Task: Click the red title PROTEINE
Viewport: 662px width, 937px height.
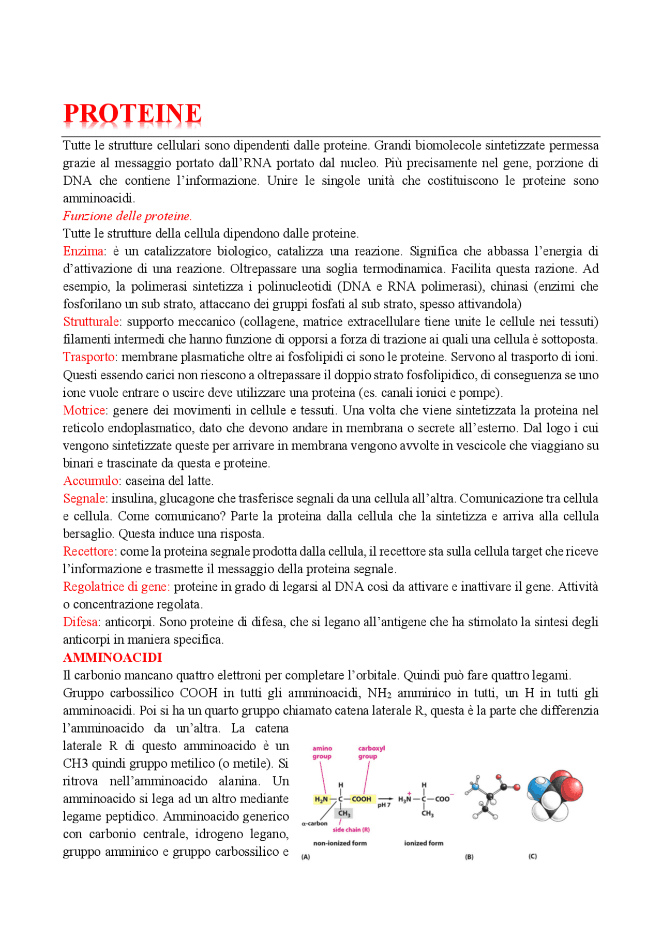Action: click(132, 113)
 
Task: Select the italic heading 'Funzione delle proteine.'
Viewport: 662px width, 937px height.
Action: click(127, 216)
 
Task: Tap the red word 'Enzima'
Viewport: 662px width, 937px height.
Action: click(83, 251)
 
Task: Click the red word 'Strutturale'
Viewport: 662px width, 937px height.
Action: click(91, 322)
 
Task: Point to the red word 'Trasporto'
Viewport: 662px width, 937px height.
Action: click(89, 357)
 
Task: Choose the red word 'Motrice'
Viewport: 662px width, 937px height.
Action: click(84, 410)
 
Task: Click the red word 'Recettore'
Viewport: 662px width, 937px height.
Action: click(89, 552)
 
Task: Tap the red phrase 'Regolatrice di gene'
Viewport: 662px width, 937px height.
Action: click(115, 587)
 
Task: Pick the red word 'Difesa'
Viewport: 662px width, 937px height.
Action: click(81, 622)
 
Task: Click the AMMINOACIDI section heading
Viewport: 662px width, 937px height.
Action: click(112, 658)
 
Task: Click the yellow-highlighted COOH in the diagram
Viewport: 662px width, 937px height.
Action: click(362, 799)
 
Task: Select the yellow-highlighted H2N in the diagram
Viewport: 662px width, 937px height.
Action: click(321, 799)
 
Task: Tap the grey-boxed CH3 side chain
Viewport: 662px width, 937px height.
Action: click(344, 813)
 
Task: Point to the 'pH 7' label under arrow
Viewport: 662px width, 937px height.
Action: click(384, 806)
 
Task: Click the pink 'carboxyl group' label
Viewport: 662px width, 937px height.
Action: click(371, 752)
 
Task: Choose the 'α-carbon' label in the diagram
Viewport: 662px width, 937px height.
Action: click(314, 824)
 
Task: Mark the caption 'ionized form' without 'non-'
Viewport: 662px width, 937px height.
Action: click(424, 843)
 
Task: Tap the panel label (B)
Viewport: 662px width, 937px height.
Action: click(469, 857)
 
